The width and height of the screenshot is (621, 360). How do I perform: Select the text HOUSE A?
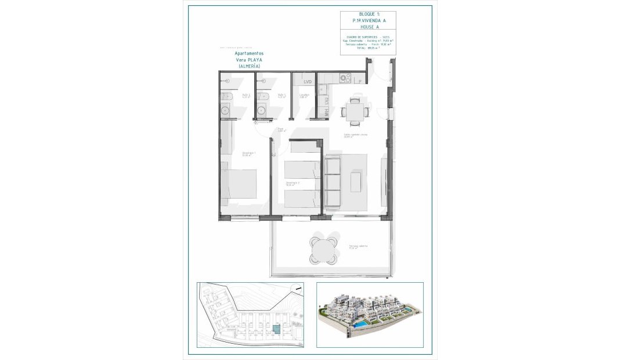coord(368,27)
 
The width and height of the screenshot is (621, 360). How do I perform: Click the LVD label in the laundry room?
coord(307,82)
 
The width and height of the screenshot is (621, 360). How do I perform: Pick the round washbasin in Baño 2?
coord(226,109)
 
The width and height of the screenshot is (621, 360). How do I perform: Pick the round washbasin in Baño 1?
coord(262,109)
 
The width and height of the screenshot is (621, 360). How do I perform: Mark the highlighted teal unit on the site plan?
coord(276,329)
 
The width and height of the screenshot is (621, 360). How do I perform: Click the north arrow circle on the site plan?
coord(298,287)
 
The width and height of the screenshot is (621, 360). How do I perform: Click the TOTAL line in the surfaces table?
coord(368,48)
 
